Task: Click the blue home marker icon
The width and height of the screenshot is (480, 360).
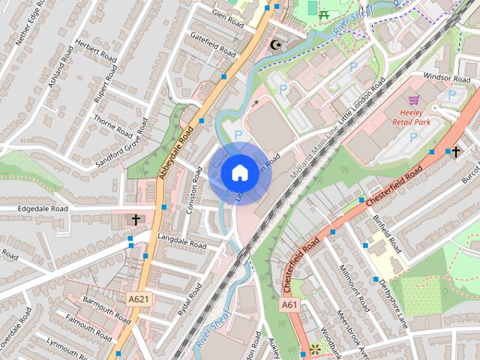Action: click(238, 173)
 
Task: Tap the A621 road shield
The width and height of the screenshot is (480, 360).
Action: click(138, 298)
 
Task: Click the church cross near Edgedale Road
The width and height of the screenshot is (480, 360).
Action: click(136, 220)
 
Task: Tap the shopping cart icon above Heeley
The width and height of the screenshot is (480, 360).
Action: click(412, 100)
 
